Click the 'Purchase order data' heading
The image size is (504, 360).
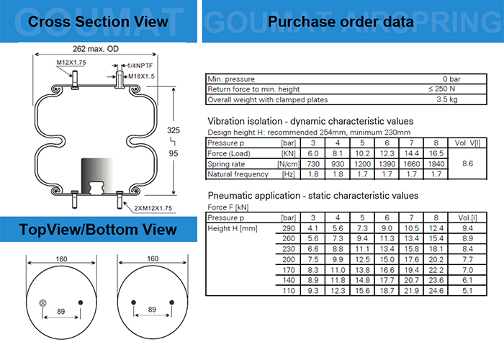pyautogui.click(x=341, y=22)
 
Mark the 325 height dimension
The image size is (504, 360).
pyautogui.click(x=173, y=130)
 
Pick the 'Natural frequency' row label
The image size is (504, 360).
pyautogui.click(x=238, y=175)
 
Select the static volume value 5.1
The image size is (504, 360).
pyautogui.click(x=466, y=290)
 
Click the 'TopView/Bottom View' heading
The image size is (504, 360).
pyautogui.click(x=97, y=230)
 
